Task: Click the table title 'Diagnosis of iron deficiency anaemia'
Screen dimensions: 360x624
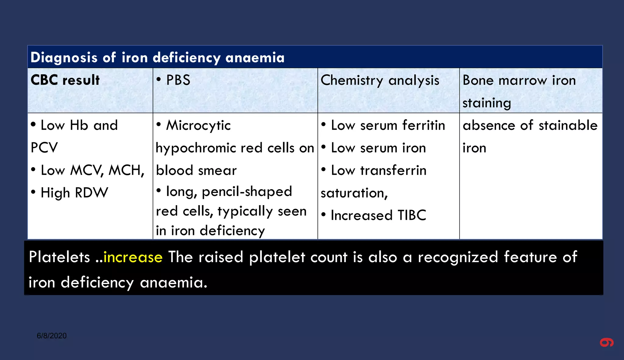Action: [158, 58]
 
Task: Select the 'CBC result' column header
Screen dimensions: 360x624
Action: [65, 80]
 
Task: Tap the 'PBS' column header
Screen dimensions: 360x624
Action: [178, 80]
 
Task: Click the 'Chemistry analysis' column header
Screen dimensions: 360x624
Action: [380, 80]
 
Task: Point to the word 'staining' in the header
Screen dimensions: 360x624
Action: [487, 103]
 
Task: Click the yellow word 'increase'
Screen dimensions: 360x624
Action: [133, 257]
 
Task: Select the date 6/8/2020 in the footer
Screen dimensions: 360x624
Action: [52, 336]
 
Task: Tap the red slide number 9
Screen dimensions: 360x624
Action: [607, 343]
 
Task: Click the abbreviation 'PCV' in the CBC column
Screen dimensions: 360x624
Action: [44, 148]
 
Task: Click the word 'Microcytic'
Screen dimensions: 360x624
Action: [198, 125]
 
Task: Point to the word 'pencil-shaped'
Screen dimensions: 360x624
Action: [247, 192]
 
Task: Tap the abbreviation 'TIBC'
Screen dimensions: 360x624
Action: [412, 216]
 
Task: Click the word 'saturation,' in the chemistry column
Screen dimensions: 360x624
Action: [354, 193]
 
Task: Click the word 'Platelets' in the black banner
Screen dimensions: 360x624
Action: [59, 257]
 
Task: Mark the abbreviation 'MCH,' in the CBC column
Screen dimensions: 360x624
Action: [126, 170]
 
